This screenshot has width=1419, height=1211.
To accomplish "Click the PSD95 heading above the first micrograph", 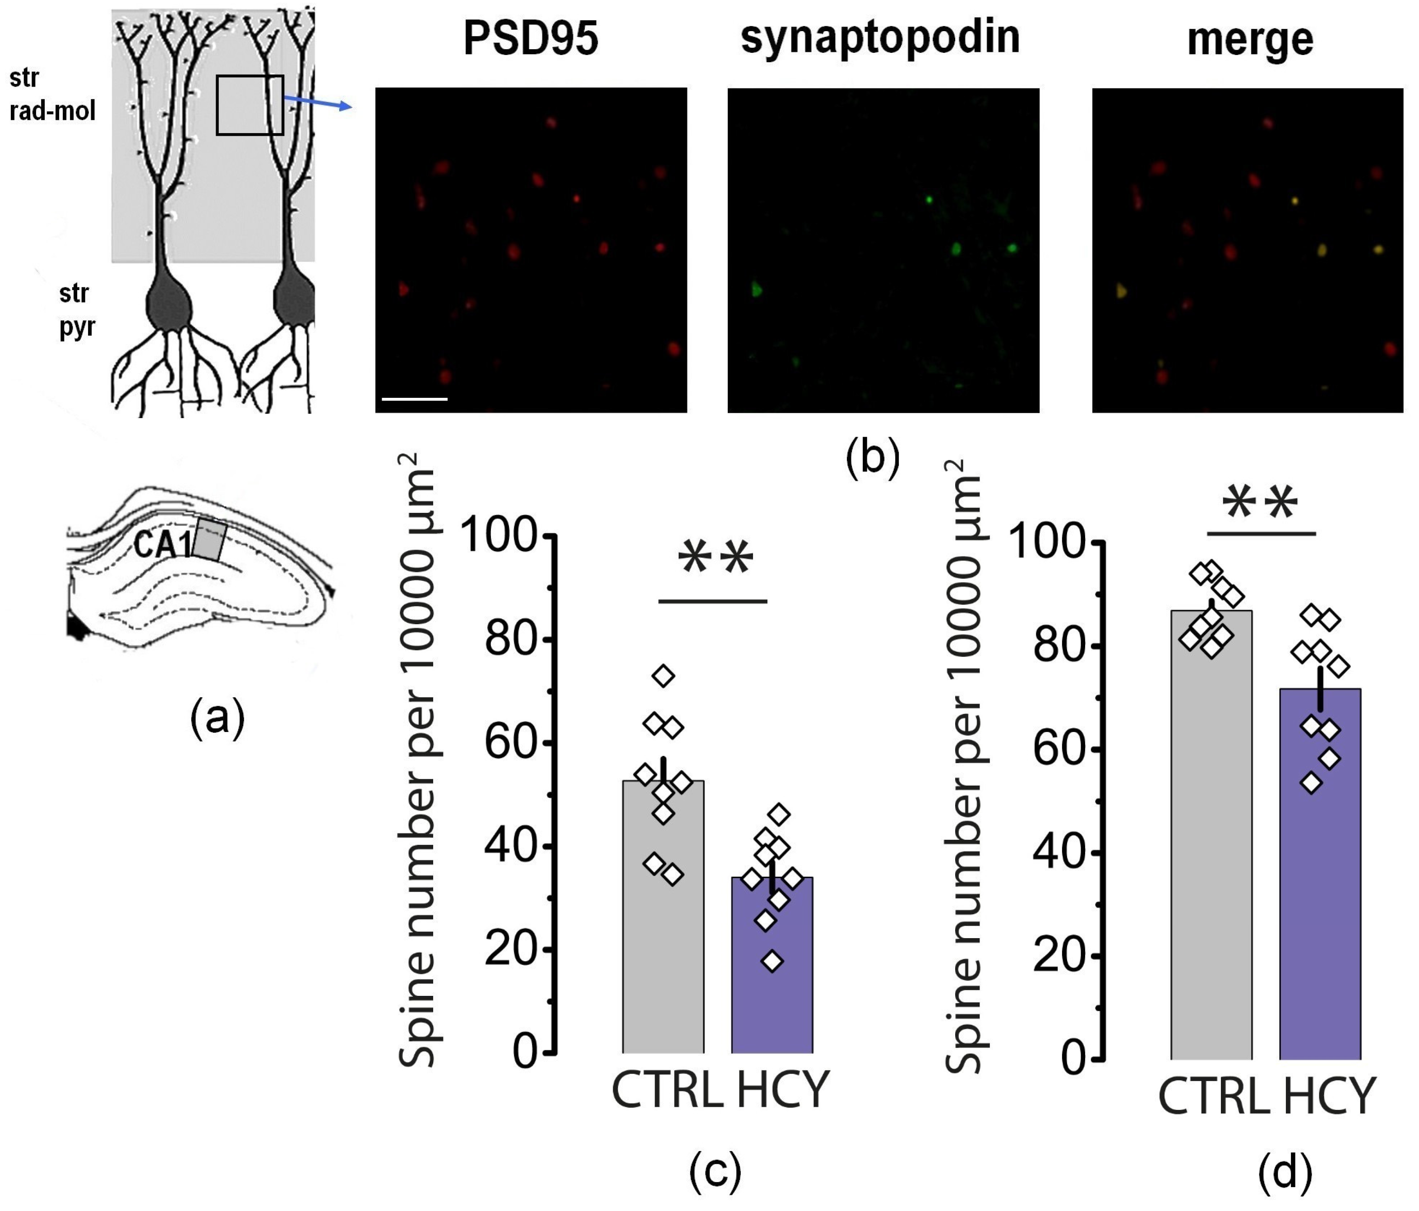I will pos(530,39).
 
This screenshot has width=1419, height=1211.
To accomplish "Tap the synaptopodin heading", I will pos(880,37).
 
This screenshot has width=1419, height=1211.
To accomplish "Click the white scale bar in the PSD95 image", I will pos(414,398).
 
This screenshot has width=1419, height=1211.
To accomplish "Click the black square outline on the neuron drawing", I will pos(250,105).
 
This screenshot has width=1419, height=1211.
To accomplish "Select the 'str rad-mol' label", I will pos(52,94).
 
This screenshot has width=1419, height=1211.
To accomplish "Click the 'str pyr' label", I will pos(76,310).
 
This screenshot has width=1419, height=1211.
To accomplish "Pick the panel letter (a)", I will pos(217,718).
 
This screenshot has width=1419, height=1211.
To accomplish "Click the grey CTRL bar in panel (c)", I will pos(663,924).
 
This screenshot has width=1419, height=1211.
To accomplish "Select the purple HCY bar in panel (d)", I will pos(1320,883).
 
